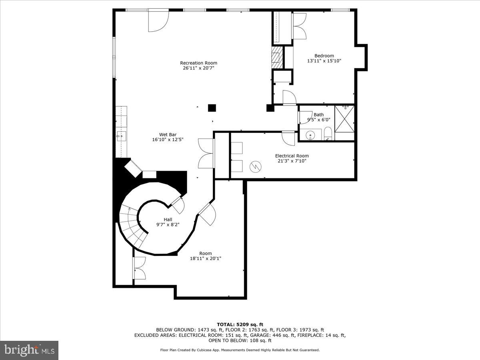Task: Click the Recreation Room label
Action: pyautogui.click(x=198, y=63)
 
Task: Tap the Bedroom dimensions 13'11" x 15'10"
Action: pyautogui.click(x=324, y=61)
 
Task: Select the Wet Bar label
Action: pyautogui.click(x=168, y=135)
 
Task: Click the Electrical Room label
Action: pyautogui.click(x=292, y=156)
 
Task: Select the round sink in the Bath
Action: pyautogui.click(x=311, y=136)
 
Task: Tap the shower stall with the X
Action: pyautogui.click(x=344, y=118)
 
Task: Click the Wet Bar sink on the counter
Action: pyautogui.click(x=121, y=136)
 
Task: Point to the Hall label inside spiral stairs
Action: pyautogui.click(x=168, y=220)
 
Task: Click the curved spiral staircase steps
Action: pyautogui.click(x=132, y=226)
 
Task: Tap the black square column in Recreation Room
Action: pyautogui.click(x=212, y=108)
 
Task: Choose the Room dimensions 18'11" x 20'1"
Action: pyautogui.click(x=206, y=258)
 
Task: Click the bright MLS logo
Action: pyautogui.click(x=29, y=350)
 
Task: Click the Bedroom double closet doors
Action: pyautogui.click(x=299, y=26)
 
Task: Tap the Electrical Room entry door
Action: pyautogui.click(x=288, y=138)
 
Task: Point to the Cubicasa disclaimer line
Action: pyautogui.click(x=240, y=350)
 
